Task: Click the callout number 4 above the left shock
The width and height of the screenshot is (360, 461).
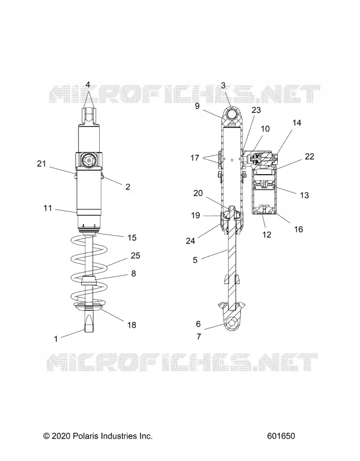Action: (x=88, y=85)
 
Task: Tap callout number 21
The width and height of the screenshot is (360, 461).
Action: (x=41, y=164)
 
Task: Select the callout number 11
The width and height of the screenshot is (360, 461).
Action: (x=48, y=208)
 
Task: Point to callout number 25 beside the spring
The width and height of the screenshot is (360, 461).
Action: (x=135, y=255)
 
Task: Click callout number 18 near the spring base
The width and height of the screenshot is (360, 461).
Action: (x=132, y=324)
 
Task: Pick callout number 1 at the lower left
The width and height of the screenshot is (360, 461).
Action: (x=56, y=339)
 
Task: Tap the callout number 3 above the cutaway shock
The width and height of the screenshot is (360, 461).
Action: (x=223, y=85)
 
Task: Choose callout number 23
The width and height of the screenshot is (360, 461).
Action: (x=256, y=110)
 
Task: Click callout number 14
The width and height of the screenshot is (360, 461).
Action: (x=297, y=123)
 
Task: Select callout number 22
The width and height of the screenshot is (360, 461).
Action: (x=309, y=156)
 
